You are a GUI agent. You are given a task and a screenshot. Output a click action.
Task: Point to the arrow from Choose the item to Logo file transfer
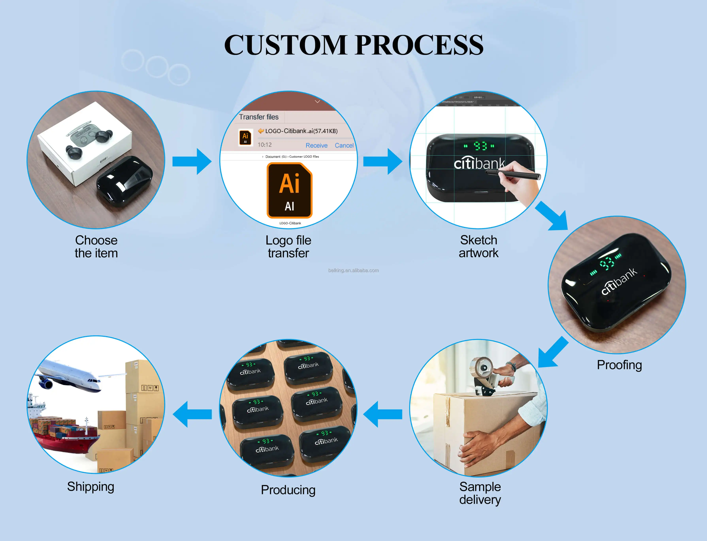pyautogui.click(x=192, y=161)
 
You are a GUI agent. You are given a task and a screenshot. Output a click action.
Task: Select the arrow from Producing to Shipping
pyautogui.click(x=192, y=414)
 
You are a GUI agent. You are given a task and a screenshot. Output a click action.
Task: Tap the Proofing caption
pyautogui.click(x=619, y=365)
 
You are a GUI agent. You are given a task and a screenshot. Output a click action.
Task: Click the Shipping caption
pyautogui.click(x=90, y=486)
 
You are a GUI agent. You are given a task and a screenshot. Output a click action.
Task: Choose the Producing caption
pyautogui.click(x=288, y=490)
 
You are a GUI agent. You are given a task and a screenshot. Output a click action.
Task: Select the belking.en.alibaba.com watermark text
pyautogui.click(x=353, y=271)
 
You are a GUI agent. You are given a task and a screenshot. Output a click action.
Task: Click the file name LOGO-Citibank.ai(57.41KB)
pyautogui.click(x=301, y=131)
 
